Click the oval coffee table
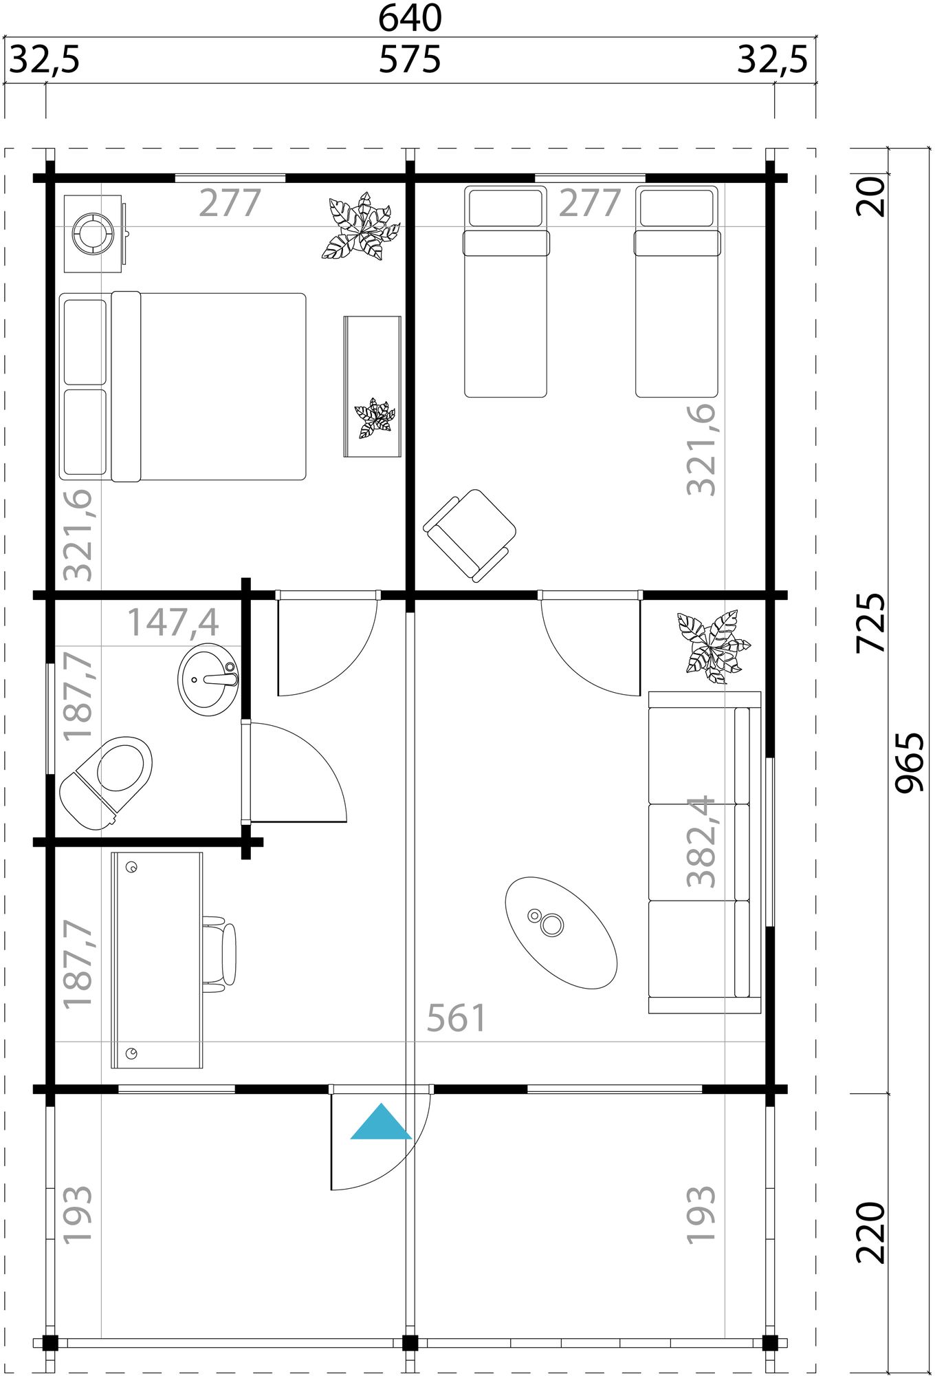[x=561, y=932]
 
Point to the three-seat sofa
[x=705, y=852]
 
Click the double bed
[x=183, y=386]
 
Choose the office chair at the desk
[x=221, y=953]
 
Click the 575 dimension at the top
[x=410, y=61]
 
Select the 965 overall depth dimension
[x=912, y=762]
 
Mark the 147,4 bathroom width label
[x=173, y=622]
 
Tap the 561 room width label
[x=456, y=1018]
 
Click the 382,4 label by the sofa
[x=702, y=841]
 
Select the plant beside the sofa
[x=712, y=646]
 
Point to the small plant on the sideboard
[x=374, y=418]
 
